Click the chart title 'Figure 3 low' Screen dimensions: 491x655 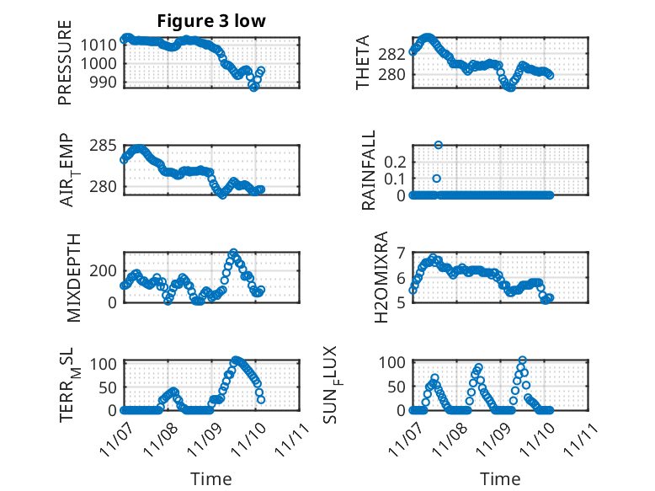211,21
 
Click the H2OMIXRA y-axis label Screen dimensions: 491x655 381,276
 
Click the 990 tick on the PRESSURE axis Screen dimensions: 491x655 106,81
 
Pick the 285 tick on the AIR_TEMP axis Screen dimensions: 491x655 106,147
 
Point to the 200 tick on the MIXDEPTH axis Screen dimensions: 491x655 106,270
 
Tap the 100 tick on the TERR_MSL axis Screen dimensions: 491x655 103,364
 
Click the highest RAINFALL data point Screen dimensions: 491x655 438,145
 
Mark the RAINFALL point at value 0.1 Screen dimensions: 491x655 436,179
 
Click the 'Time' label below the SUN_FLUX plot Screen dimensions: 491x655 500,479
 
